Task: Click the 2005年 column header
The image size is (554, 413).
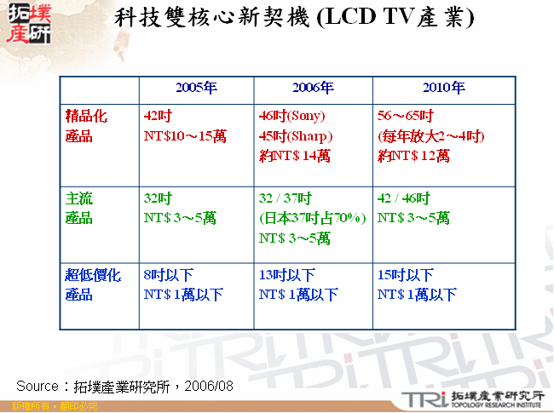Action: tap(196, 89)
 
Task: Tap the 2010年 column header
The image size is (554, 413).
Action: tap(443, 89)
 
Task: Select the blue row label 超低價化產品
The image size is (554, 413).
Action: tap(94, 284)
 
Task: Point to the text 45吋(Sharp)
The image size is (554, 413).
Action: tap(295, 135)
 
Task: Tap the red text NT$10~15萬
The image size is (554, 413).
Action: tap(186, 135)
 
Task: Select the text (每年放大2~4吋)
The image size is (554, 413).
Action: tap(430, 135)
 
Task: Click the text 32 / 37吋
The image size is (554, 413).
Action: tap(287, 198)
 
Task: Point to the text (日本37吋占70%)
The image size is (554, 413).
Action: tap(312, 218)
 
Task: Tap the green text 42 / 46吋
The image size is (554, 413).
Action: tap(403, 198)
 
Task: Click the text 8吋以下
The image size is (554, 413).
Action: tap(170, 275)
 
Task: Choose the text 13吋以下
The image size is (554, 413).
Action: tap(287, 275)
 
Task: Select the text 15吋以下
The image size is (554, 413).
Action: tap(405, 275)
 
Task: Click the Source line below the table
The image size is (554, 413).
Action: tap(124, 386)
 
